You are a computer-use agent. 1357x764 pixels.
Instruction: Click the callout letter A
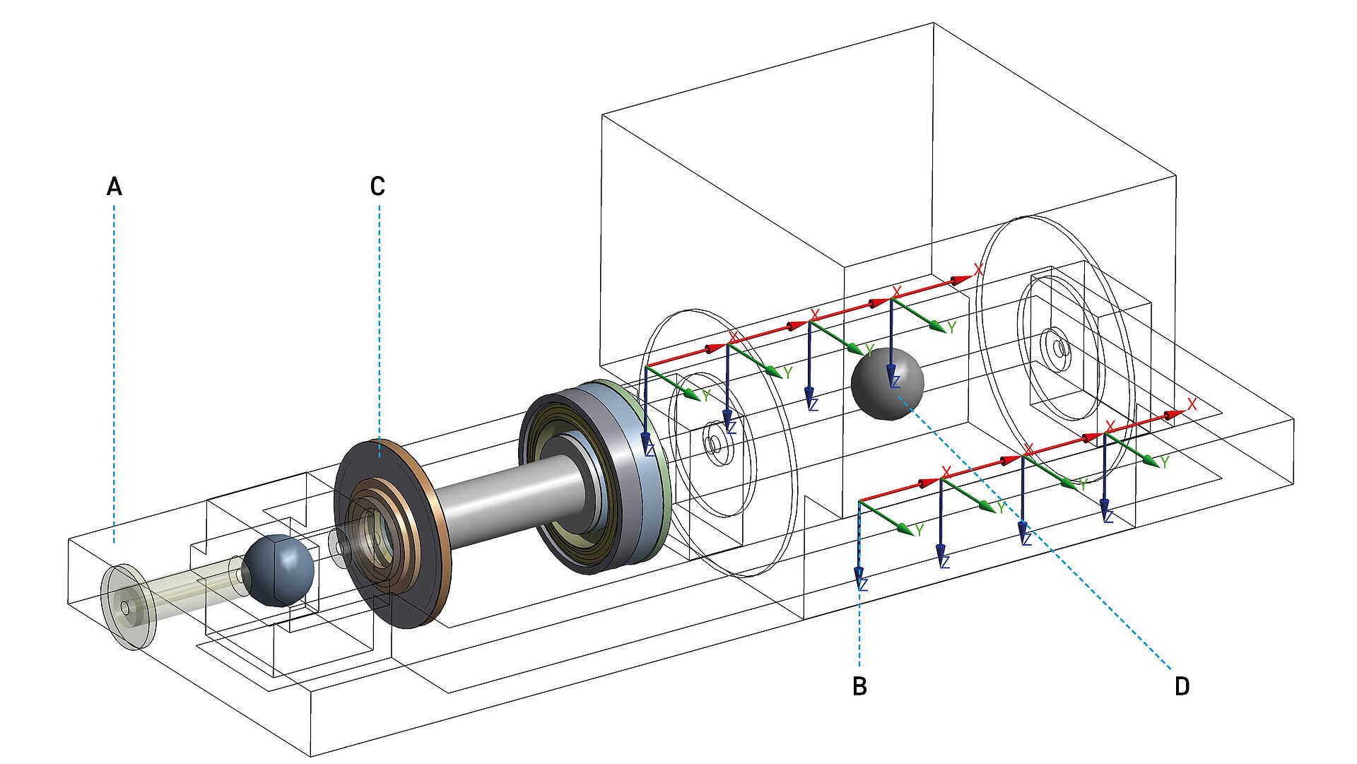pyautogui.click(x=114, y=187)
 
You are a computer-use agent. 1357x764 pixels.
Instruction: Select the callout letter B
pyautogui.click(x=859, y=686)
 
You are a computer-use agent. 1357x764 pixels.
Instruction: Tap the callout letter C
pyautogui.click(x=377, y=187)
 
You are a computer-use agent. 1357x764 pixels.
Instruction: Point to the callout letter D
pyautogui.click(x=1182, y=686)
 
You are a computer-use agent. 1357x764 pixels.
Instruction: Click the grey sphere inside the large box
pyautogui.click(x=887, y=384)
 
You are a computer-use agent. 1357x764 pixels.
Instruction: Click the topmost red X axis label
pyautogui.click(x=978, y=269)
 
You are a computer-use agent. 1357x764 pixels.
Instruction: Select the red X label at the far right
pyautogui.click(x=1192, y=405)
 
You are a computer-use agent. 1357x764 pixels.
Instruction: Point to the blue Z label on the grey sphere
pyautogui.click(x=895, y=382)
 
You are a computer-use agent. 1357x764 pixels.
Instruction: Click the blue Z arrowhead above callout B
pyautogui.click(x=860, y=578)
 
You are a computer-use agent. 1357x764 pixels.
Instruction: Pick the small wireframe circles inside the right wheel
pyautogui.click(x=1058, y=348)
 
